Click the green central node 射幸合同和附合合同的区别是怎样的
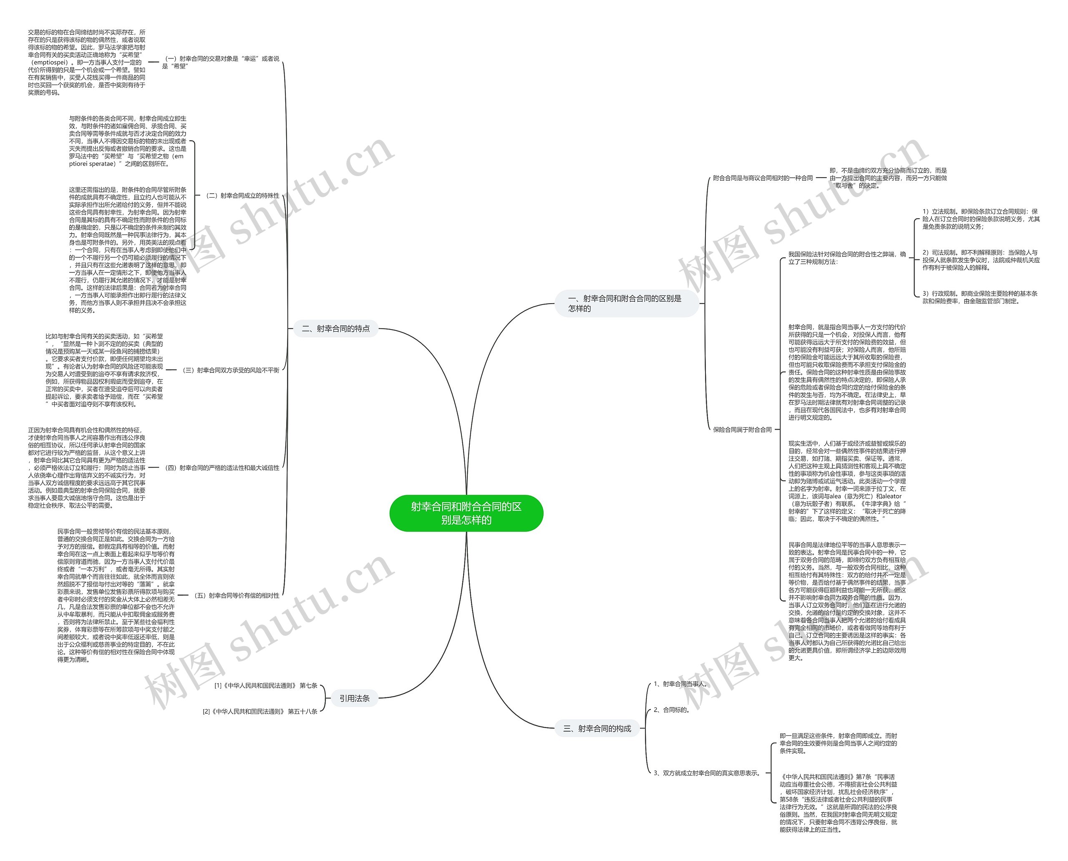(x=466, y=513)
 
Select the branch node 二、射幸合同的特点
(x=335, y=328)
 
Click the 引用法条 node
(x=354, y=698)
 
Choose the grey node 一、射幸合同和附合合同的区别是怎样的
(x=626, y=303)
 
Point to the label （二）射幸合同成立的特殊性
(x=242, y=195)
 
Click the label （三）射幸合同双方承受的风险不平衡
(x=231, y=370)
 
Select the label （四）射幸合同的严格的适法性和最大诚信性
(x=222, y=468)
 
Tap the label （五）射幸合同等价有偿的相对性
(x=237, y=595)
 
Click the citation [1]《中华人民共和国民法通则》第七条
(x=265, y=685)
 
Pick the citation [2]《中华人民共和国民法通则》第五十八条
(x=260, y=711)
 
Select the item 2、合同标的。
(x=671, y=710)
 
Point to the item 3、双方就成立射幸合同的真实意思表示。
(x=707, y=773)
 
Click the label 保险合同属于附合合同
(x=742, y=430)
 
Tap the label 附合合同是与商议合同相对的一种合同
(x=763, y=178)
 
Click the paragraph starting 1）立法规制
(x=981, y=219)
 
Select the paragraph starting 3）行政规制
(x=980, y=297)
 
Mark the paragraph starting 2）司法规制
(x=981, y=260)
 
